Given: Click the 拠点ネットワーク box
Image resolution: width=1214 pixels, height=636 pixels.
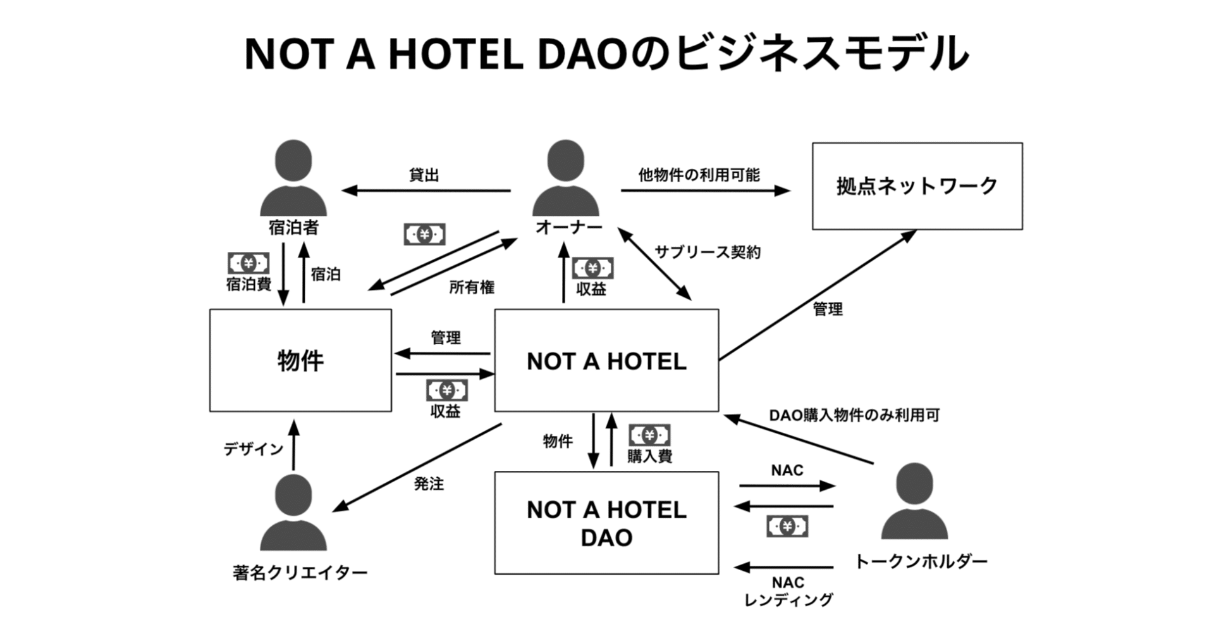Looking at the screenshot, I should [x=917, y=186].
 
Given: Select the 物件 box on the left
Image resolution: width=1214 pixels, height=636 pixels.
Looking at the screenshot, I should [x=300, y=360].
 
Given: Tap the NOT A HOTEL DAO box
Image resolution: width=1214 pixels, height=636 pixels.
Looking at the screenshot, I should [x=606, y=523].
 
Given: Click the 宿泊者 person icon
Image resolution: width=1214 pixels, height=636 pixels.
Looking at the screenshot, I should [x=293, y=178].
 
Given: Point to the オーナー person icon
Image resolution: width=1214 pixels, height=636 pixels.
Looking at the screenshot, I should [x=565, y=178].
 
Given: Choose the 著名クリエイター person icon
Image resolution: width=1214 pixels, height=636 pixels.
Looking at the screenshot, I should [x=293, y=513].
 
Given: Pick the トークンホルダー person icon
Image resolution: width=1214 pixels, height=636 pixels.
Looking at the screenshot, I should [x=914, y=501].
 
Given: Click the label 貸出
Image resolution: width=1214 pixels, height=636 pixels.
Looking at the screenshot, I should [x=424, y=175].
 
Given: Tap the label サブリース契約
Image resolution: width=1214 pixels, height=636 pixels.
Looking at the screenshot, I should [x=708, y=252].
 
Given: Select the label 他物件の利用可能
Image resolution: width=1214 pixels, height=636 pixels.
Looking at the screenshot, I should [x=699, y=175].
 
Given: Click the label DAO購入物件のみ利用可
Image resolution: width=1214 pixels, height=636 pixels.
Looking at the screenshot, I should [x=854, y=415].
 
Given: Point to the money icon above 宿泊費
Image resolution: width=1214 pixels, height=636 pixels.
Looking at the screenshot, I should [x=248, y=263].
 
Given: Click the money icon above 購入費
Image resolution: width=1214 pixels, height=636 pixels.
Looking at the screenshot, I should [x=649, y=435].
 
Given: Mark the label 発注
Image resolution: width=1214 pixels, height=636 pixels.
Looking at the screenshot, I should [x=429, y=484].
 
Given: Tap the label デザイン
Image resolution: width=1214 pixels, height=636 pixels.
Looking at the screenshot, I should [x=253, y=449].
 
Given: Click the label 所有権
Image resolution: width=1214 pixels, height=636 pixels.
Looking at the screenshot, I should [x=472, y=287].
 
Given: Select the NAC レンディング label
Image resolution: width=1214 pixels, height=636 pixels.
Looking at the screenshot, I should [x=788, y=591].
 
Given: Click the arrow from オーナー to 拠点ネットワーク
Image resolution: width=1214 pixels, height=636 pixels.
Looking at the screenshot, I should [x=705, y=190].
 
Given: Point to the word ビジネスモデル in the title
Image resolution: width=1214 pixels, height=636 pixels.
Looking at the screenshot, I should [x=821, y=53].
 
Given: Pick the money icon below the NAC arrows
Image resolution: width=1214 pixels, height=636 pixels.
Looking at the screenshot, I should [x=787, y=526].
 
